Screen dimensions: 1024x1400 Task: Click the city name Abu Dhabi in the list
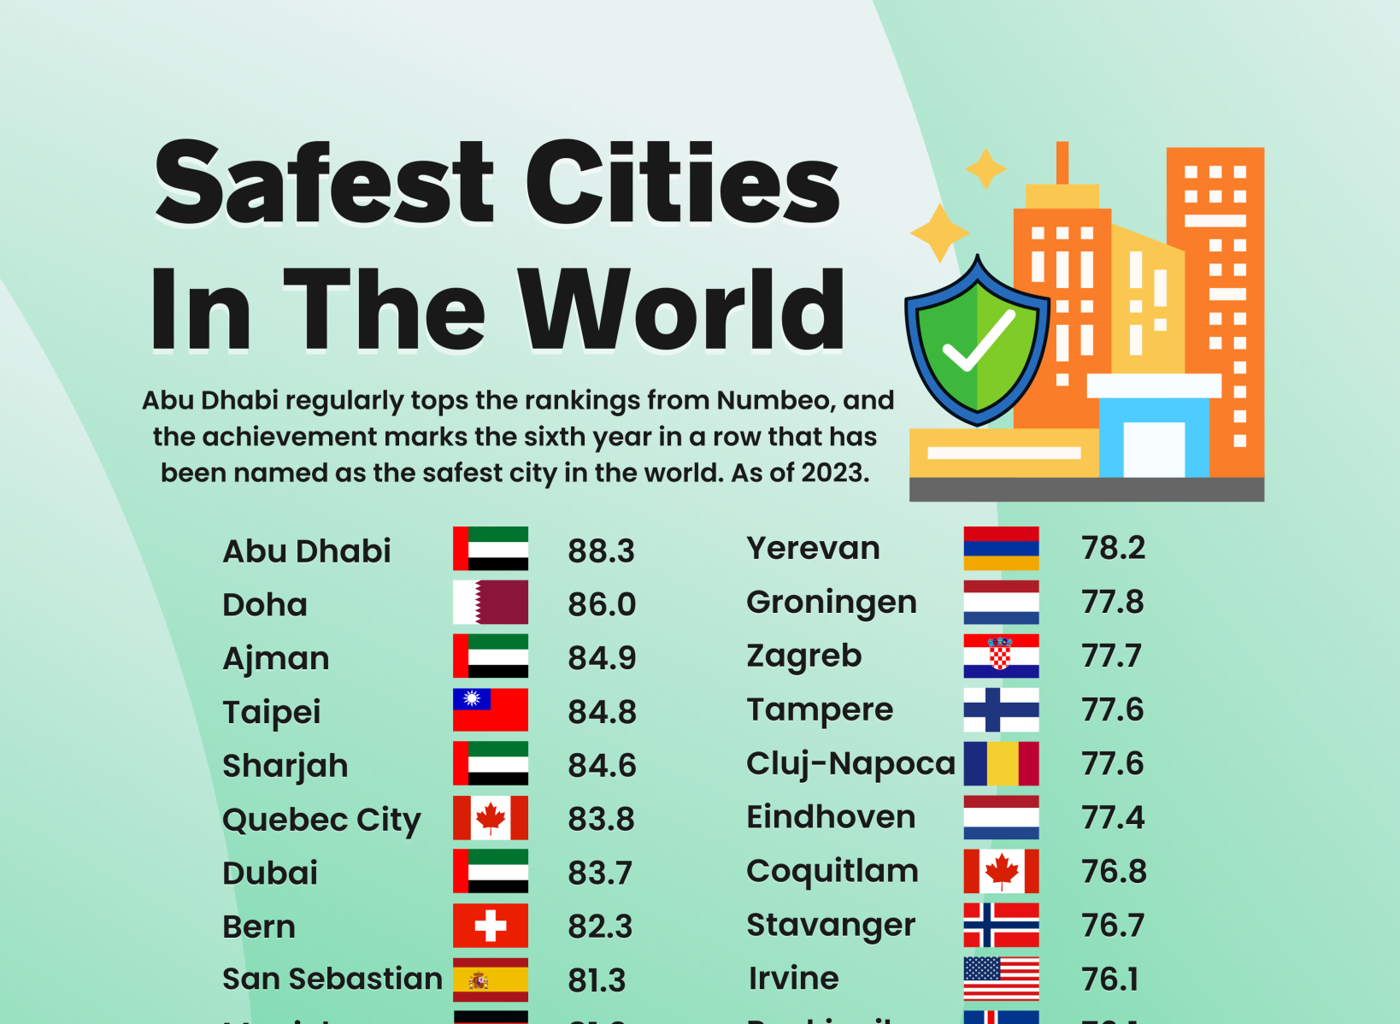click(x=307, y=551)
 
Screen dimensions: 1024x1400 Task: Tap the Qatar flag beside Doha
click(x=491, y=603)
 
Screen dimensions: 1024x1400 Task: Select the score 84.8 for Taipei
click(x=602, y=712)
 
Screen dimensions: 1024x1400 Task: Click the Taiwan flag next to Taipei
click(x=491, y=709)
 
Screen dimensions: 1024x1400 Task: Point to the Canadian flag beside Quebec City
click(x=491, y=818)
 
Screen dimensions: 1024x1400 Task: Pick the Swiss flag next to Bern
click(x=491, y=926)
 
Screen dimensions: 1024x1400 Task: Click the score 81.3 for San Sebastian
click(x=597, y=980)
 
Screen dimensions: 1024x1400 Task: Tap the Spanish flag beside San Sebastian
click(x=491, y=980)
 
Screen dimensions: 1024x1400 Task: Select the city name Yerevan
click(x=813, y=548)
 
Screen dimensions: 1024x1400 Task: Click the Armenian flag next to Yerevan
click(x=1001, y=548)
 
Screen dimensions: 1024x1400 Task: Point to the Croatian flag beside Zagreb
click(x=1001, y=656)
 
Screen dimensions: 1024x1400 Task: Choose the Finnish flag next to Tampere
click(x=1001, y=709)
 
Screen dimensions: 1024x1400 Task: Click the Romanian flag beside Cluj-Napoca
click(x=1001, y=763)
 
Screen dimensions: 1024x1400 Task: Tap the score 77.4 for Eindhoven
click(x=1112, y=817)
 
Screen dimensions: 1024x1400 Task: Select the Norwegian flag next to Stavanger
click(x=1001, y=925)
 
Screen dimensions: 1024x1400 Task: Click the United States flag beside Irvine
click(x=1001, y=979)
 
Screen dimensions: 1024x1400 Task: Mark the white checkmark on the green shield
click(x=978, y=341)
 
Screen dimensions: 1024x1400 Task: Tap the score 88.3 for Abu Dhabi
click(x=601, y=551)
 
